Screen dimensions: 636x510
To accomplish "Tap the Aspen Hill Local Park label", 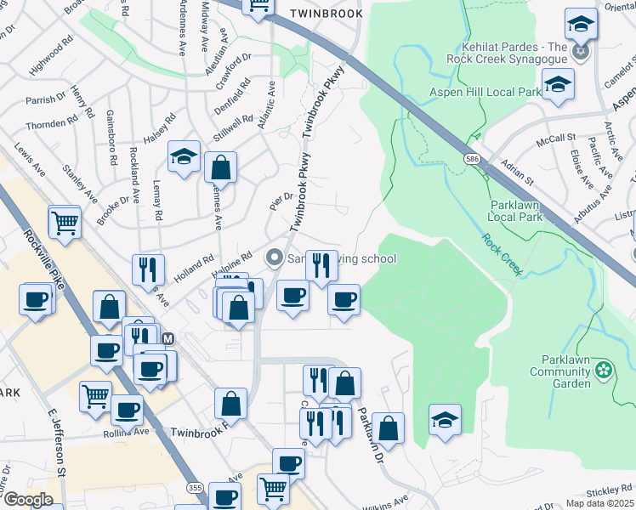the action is tap(486, 92).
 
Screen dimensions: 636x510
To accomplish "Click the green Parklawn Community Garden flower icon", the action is tap(604, 370).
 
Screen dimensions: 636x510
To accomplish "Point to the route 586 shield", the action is tap(471, 159).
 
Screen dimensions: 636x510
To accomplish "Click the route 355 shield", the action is tap(195, 487).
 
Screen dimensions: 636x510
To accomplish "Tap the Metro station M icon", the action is tap(168, 338).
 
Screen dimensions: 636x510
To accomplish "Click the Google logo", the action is tap(28, 500).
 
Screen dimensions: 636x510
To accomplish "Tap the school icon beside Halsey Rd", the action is tap(184, 157).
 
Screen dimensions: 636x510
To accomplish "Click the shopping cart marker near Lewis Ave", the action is tap(65, 223).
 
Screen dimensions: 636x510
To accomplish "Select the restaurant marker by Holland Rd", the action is tap(148, 269).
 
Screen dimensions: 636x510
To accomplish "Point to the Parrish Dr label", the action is tap(46, 99).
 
